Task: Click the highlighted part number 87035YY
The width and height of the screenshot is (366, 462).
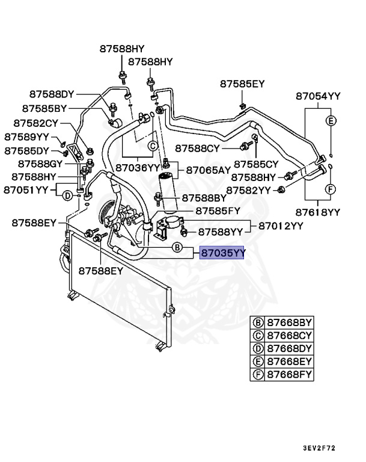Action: pos(222,254)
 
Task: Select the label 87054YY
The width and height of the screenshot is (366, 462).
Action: pos(318,96)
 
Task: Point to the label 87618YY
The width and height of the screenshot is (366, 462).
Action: pos(318,212)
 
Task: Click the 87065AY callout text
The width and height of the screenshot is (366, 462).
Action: pos(207,170)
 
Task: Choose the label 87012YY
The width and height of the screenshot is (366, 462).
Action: pos(281,226)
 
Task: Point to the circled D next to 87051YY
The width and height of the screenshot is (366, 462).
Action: pos(68,196)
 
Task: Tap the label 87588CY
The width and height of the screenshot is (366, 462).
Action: pos(198,147)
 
